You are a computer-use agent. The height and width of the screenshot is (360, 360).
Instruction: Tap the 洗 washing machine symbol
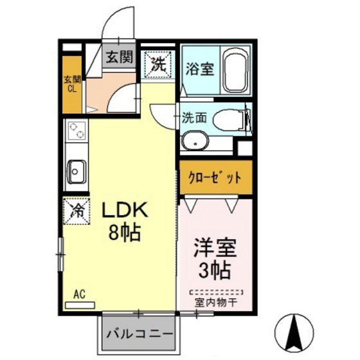157,63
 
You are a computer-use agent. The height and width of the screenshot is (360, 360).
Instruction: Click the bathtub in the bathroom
237,69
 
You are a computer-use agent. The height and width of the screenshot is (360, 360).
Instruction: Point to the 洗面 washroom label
194,118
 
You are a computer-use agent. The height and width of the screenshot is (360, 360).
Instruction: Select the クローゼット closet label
215,176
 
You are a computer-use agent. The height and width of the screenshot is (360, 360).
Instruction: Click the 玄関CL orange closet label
72,84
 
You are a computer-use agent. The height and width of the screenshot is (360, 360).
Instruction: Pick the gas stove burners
76,131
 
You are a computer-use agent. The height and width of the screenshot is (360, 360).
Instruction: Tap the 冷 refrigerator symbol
76,210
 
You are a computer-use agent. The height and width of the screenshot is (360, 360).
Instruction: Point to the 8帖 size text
124,234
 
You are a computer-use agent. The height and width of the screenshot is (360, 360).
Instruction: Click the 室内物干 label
214,301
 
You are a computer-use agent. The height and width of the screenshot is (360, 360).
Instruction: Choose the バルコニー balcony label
138,334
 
